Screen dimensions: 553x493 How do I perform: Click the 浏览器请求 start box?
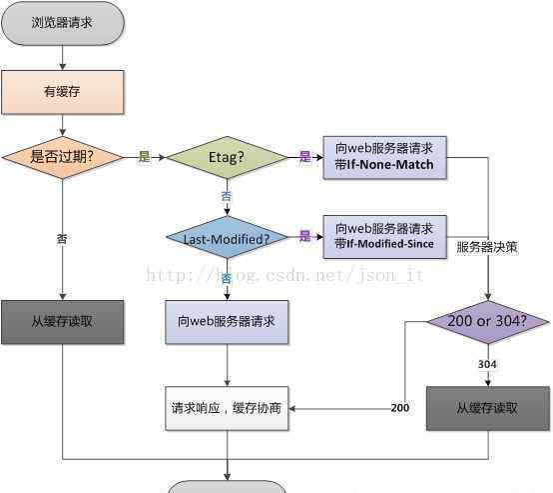coord(63,23)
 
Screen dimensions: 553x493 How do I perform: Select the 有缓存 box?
coord(63,92)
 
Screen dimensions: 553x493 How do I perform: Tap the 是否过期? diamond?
coord(63,157)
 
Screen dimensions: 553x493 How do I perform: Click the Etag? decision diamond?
coord(227,157)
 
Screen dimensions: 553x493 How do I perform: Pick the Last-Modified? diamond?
coord(227,237)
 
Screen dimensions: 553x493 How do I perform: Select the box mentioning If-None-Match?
coord(384,157)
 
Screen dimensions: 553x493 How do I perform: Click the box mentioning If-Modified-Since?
coord(384,237)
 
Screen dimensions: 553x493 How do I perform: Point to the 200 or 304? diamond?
coord(488,322)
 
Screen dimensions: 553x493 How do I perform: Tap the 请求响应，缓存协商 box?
coord(227,409)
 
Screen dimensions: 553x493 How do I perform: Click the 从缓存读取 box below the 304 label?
coord(488,409)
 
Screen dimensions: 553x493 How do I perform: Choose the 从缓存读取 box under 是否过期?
coord(63,322)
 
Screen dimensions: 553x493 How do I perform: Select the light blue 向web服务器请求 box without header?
coord(227,322)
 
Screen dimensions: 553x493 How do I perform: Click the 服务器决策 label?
coord(487,247)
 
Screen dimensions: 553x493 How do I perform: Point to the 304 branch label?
coord(487,364)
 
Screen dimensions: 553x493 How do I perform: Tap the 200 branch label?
coord(400,408)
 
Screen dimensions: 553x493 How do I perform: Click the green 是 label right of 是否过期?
coord(145,156)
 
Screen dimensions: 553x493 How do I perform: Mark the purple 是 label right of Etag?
coord(305,156)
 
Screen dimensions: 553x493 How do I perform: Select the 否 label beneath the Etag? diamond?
coord(227,196)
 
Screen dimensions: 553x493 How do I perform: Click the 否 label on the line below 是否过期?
coord(62,239)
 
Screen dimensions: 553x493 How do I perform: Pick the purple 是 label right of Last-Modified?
coord(305,236)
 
